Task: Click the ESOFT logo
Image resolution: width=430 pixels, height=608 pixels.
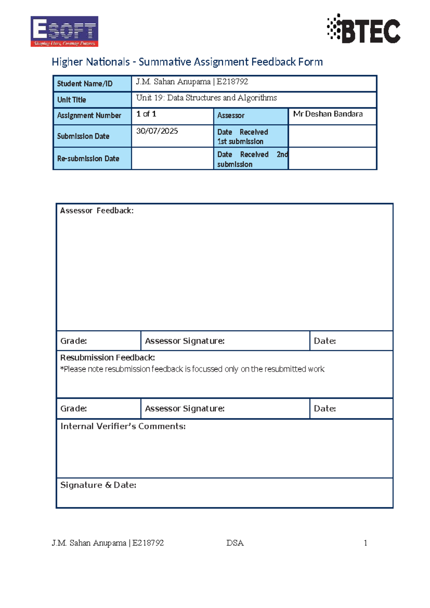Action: [64, 31]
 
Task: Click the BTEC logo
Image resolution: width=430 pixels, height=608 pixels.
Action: [364, 29]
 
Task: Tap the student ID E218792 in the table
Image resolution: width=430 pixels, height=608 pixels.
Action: [232, 82]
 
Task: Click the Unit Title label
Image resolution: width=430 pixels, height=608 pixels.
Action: [72, 100]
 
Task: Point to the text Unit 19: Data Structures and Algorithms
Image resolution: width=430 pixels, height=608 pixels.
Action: [206, 98]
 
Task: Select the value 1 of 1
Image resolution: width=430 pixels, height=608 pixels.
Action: [146, 114]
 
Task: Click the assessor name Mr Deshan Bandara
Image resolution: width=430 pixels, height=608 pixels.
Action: [328, 114]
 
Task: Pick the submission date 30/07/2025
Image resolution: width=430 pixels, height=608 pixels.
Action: [157, 131]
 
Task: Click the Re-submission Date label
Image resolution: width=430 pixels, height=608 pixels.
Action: [88, 158]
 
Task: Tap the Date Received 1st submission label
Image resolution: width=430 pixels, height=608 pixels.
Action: [243, 137]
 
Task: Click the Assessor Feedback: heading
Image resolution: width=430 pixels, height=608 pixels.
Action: [97, 211]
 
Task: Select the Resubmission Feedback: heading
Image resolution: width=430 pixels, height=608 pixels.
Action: [107, 357]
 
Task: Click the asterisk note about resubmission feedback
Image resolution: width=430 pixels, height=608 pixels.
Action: [192, 369]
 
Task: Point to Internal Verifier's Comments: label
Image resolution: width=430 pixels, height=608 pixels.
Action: [123, 426]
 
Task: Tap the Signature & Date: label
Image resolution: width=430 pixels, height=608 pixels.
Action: [98, 485]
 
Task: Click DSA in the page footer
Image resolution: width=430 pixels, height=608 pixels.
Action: [235, 543]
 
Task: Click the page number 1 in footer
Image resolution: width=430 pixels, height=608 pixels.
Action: [365, 543]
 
